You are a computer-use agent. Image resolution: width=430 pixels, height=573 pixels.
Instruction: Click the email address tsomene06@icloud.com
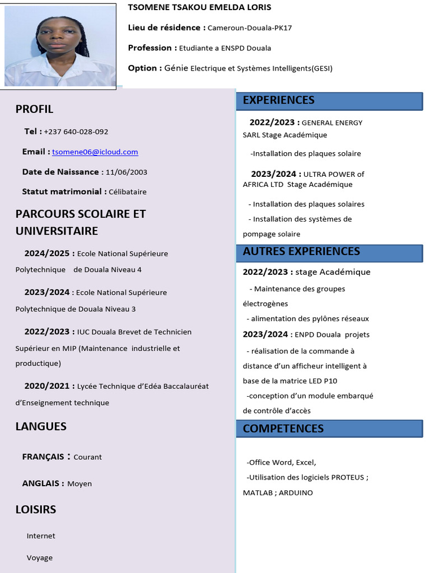coord(95,152)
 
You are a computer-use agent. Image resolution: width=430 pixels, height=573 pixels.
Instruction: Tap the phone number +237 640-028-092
coord(76,132)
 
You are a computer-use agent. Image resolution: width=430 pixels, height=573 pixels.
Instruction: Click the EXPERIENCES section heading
coord(279,100)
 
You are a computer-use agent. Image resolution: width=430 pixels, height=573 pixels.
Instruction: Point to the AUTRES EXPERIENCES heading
coord(301,251)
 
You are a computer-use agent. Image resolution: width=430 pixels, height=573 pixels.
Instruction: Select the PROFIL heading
coord(34,109)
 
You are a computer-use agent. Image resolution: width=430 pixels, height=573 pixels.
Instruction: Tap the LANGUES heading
coord(41,426)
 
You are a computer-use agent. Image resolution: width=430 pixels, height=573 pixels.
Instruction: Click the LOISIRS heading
coord(36,510)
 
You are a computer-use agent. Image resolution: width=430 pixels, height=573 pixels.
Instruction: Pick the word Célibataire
coord(128,192)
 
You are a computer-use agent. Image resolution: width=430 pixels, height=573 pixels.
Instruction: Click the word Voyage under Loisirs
coord(40,558)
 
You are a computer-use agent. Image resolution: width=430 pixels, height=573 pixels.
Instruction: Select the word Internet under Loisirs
coord(41,536)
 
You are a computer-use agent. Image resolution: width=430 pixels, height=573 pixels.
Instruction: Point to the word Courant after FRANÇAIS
coord(88,457)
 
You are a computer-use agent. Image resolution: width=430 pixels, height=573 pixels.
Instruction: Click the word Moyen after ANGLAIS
coord(80,484)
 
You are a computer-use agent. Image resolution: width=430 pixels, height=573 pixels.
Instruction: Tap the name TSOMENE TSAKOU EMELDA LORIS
coord(199,7)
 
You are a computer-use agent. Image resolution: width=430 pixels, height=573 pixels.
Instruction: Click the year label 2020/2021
coord(47,386)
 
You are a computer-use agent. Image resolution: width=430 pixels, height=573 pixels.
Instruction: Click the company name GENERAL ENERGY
coord(332,123)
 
